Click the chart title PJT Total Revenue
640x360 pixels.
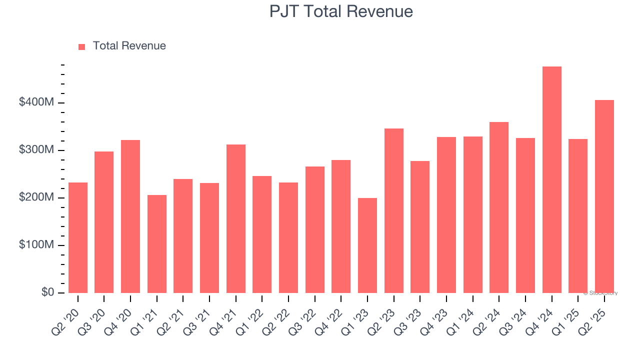tap(341, 11)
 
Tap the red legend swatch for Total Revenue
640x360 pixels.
tap(82, 46)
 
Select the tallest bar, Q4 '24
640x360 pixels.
tap(551, 180)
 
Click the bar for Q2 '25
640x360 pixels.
tap(604, 196)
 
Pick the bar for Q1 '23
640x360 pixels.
tap(367, 245)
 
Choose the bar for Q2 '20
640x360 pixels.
tap(78, 237)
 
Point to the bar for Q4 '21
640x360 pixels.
tap(236, 218)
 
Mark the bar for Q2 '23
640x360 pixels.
tap(393, 210)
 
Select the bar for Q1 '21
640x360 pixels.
tap(157, 244)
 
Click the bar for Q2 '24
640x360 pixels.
tap(499, 207)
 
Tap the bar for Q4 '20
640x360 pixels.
tap(130, 216)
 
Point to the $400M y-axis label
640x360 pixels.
tap(36, 102)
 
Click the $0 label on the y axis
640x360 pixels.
tap(47, 292)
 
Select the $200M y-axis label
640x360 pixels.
tap(36, 197)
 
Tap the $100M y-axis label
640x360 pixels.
tap(36, 245)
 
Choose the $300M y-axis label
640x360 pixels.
tap(36, 150)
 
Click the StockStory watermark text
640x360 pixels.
tap(600, 293)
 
